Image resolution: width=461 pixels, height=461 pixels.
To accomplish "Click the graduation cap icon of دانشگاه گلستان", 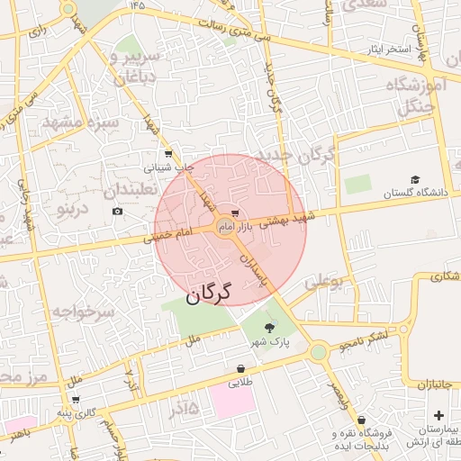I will [415, 179].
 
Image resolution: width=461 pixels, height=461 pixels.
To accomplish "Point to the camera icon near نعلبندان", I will [117, 212].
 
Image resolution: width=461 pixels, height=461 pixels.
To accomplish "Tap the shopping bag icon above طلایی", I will [240, 368].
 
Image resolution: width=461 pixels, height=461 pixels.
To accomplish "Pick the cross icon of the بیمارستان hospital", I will [438, 415].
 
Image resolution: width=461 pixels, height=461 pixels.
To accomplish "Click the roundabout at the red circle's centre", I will [224, 230].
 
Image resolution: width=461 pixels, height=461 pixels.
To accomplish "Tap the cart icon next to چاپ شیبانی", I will [168, 155].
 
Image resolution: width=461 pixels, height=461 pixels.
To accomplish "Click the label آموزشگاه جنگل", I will [416, 95].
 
